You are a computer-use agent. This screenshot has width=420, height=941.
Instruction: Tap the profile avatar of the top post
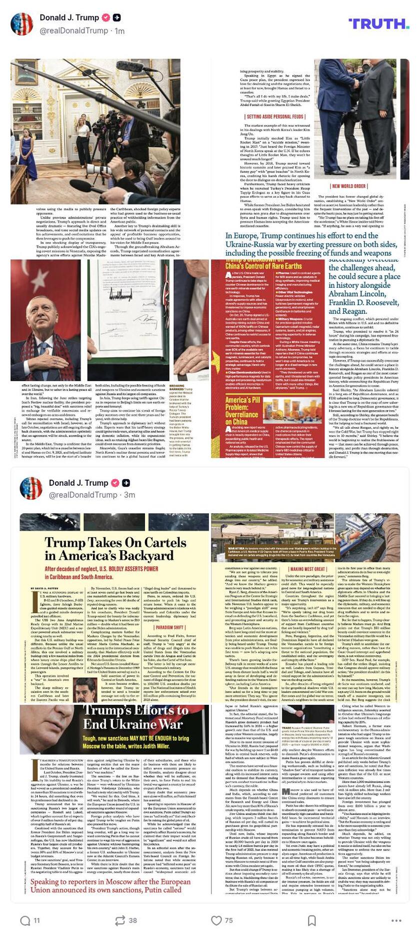coord(22,24)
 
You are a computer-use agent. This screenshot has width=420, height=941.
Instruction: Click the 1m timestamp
coord(119,31)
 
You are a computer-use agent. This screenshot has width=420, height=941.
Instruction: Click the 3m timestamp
coord(129,495)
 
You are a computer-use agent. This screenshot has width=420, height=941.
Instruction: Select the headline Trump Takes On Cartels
coord(115,549)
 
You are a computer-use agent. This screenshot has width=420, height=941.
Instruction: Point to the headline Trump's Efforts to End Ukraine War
coord(135,717)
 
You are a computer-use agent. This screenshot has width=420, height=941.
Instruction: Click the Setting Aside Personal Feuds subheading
coord(269,117)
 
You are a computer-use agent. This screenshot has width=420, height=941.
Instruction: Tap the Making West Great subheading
coord(307,569)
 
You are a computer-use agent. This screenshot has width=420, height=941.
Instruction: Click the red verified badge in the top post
coord(106,18)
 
